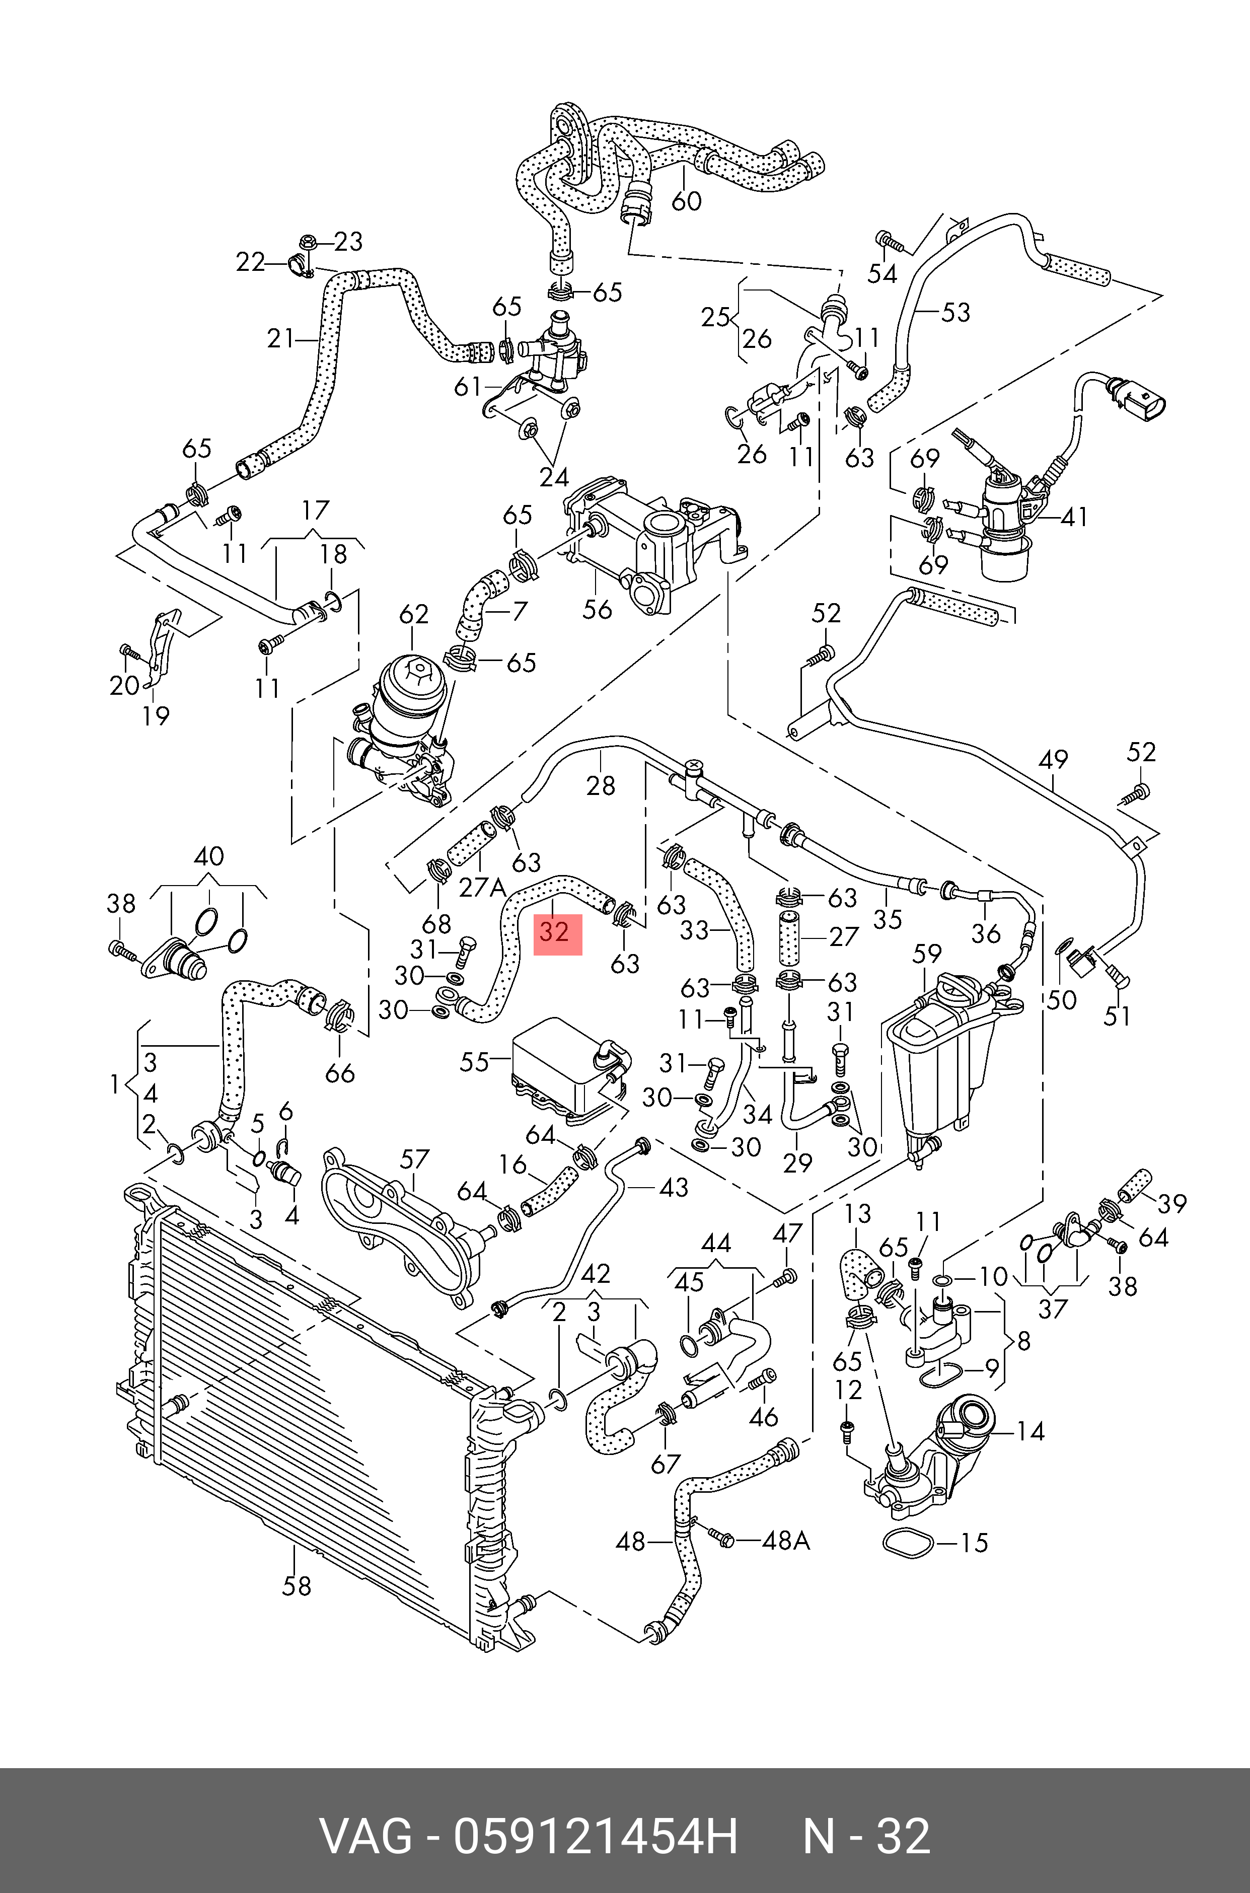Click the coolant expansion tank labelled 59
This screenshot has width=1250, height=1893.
[941, 1060]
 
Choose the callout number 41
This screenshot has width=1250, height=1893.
[1075, 517]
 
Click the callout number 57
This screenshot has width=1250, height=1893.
[414, 1159]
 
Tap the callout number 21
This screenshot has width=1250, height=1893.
[280, 339]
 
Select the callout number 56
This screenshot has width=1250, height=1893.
[597, 609]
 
